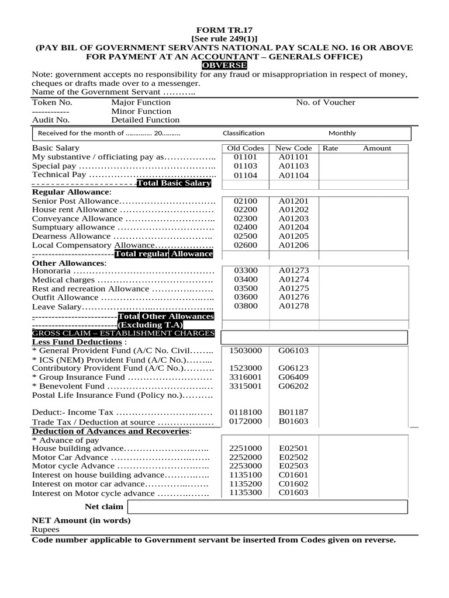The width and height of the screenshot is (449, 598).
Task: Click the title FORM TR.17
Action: click(x=224, y=29)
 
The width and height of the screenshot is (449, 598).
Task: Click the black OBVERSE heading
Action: click(x=224, y=65)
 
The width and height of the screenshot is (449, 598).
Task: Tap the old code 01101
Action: click(x=245, y=157)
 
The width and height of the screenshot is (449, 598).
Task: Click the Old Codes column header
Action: click(x=245, y=148)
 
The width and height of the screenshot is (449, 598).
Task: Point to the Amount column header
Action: click(x=377, y=148)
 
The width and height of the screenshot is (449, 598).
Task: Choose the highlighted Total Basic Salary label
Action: click(x=173, y=183)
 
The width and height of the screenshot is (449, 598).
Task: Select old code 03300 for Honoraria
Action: click(x=245, y=271)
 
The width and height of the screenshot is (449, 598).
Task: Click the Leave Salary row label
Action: click(x=56, y=307)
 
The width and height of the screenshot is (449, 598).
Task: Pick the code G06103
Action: click(x=293, y=350)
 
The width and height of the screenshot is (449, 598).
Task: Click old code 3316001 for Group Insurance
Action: click(x=245, y=377)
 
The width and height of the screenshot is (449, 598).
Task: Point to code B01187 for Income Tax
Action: click(x=293, y=412)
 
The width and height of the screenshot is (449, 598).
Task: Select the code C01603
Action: click(x=293, y=493)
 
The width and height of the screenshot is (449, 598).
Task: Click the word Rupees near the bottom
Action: click(x=46, y=529)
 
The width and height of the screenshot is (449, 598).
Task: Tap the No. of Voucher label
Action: click(x=325, y=103)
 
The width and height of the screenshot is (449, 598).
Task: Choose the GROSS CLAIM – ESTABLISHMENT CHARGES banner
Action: click(x=123, y=333)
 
